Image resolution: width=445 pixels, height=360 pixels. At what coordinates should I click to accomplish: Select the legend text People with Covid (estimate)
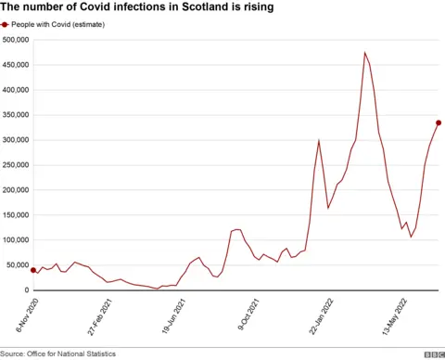(x=57, y=25)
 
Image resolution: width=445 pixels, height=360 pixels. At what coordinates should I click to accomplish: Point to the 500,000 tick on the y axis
(x=16, y=40)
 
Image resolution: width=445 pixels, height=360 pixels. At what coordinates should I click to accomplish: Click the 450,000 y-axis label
(x=16, y=65)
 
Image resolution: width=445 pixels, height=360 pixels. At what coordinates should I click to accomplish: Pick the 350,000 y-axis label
(x=16, y=115)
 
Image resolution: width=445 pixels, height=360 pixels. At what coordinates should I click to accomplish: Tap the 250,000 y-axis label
(x=16, y=165)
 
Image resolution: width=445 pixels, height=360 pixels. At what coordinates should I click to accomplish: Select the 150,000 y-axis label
(x=16, y=215)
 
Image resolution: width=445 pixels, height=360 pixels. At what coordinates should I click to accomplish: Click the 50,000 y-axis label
(x=18, y=265)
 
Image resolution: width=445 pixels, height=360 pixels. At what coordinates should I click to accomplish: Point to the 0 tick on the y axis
(x=26, y=290)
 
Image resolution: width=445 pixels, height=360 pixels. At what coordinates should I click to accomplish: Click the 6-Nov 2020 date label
(x=21, y=315)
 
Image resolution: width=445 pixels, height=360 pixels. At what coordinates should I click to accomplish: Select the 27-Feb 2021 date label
(x=99, y=315)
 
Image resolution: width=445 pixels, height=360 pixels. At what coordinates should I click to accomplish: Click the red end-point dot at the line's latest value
(x=439, y=122)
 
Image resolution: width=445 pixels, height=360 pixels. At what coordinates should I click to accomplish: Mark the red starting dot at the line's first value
(x=33, y=270)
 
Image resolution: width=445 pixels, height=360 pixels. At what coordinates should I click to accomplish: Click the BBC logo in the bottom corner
(x=433, y=354)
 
